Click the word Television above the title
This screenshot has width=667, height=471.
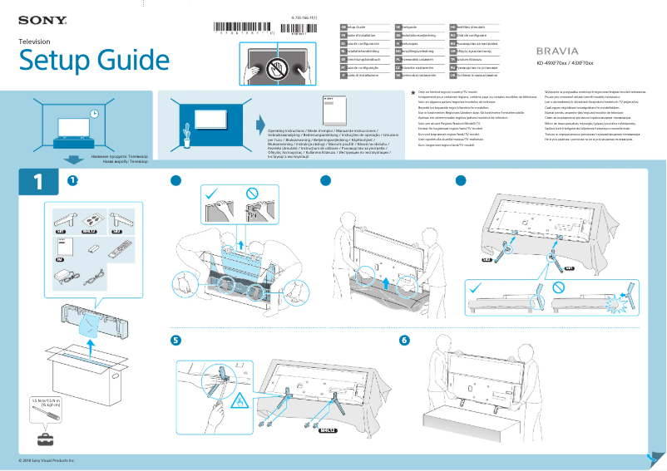[x=35, y=41]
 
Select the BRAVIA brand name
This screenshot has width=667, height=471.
[x=553, y=51]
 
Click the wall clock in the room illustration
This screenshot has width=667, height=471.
[x=94, y=114]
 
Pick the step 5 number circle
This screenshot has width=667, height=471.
[x=175, y=341]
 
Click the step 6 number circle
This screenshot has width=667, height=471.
[x=404, y=341]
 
